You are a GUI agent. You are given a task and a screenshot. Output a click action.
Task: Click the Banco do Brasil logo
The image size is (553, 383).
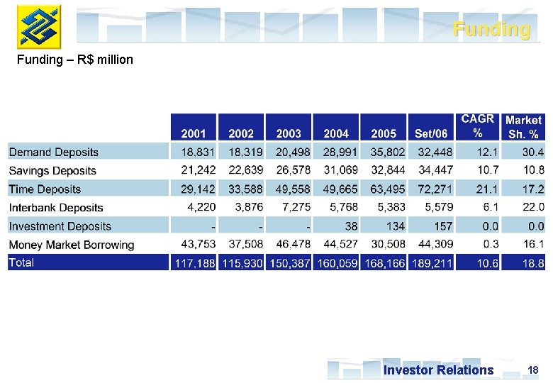[39, 26]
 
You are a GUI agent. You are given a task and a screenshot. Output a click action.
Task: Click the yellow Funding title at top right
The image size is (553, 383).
[491, 30]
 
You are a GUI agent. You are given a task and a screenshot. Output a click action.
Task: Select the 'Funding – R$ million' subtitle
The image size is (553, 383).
[75, 60]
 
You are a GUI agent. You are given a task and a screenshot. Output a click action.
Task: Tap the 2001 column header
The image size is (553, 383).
[194, 133]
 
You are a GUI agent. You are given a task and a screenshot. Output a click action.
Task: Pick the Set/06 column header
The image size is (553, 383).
[431, 133]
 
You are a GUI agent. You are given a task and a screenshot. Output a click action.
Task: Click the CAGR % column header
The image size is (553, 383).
[477, 126]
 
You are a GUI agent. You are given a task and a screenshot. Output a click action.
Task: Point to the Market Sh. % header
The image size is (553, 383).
[523, 126]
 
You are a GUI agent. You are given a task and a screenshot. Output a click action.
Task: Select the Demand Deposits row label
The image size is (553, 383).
[54, 152]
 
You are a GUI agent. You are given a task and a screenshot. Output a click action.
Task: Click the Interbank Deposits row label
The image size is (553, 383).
[56, 208]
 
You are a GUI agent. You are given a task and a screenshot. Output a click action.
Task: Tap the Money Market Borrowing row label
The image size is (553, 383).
[72, 245]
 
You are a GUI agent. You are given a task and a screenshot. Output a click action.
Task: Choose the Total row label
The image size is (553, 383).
[21, 262]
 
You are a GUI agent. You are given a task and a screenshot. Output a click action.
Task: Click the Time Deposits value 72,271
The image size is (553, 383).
[432, 189]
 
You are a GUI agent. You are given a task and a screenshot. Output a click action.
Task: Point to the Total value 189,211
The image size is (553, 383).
[431, 263]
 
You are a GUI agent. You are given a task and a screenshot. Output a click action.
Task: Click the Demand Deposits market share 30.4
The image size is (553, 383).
[532, 152]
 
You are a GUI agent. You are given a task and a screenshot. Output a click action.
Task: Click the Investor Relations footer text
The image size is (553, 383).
[438, 370]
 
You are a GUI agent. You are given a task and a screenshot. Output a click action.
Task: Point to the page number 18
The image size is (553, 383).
[533, 370]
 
